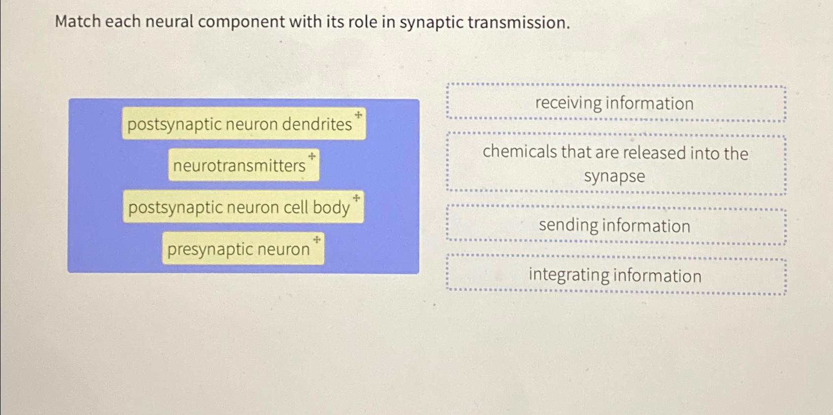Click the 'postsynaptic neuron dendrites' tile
click(x=243, y=124)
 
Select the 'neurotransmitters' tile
click(x=243, y=165)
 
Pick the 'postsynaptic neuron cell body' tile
click(x=243, y=207)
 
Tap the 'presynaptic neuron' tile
click(x=243, y=249)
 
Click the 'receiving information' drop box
click(x=616, y=103)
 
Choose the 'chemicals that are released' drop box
click(x=616, y=163)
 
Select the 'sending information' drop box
click(x=616, y=226)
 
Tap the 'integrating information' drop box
click(x=616, y=275)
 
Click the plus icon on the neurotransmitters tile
click(x=312, y=156)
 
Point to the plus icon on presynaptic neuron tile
click(x=317, y=239)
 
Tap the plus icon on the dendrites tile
click(x=358, y=115)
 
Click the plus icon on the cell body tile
click(x=357, y=198)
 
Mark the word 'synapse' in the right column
click(x=614, y=176)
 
